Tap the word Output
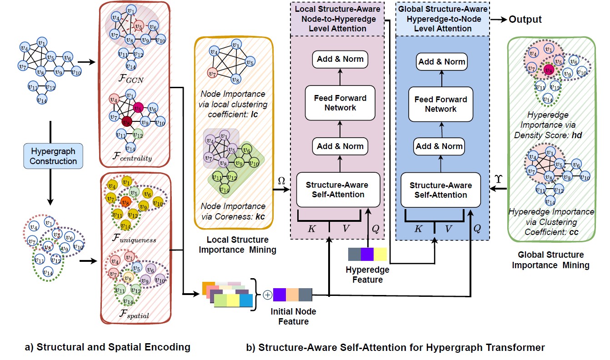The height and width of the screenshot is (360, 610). (525, 19)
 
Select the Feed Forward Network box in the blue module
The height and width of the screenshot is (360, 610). (440, 104)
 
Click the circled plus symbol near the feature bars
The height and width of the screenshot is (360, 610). (267, 295)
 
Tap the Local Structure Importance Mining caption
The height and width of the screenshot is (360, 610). (238, 245)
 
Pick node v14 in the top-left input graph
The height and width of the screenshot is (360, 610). (42, 99)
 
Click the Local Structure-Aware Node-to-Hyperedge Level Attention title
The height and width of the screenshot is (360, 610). (337, 19)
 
